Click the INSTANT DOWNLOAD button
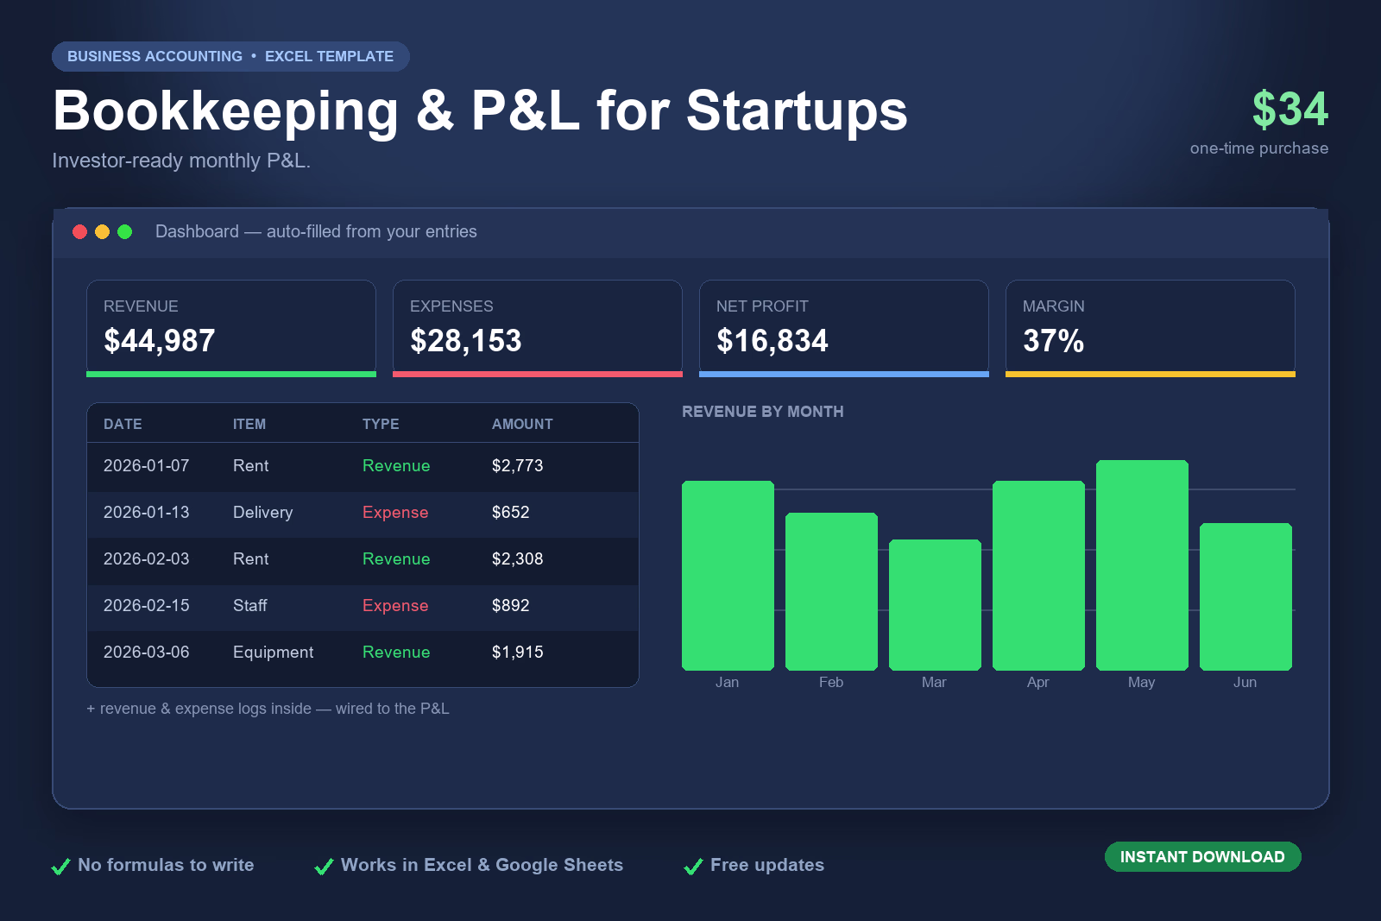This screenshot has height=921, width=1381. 1203,856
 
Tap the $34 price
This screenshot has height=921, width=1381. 1290,109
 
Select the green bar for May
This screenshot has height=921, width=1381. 1142,565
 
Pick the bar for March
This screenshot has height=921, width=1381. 935,605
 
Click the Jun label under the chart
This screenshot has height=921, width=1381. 1245,682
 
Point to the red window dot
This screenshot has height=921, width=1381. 79,232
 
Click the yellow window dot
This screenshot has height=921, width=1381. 103,232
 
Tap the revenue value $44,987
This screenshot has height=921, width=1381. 159,340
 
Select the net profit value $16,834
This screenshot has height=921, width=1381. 772,340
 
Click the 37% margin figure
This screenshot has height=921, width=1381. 1053,340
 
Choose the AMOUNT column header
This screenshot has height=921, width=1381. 522,424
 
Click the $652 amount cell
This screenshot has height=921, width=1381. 510,512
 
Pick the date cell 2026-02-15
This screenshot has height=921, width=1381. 146,605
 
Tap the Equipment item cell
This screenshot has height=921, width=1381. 273,653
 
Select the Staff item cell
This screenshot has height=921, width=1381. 249,605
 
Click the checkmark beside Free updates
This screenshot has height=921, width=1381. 694,866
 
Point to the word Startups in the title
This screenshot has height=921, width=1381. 797,111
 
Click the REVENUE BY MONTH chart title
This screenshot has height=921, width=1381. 763,412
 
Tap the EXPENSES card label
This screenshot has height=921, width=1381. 451,306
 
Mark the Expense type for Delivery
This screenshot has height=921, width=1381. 395,512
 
